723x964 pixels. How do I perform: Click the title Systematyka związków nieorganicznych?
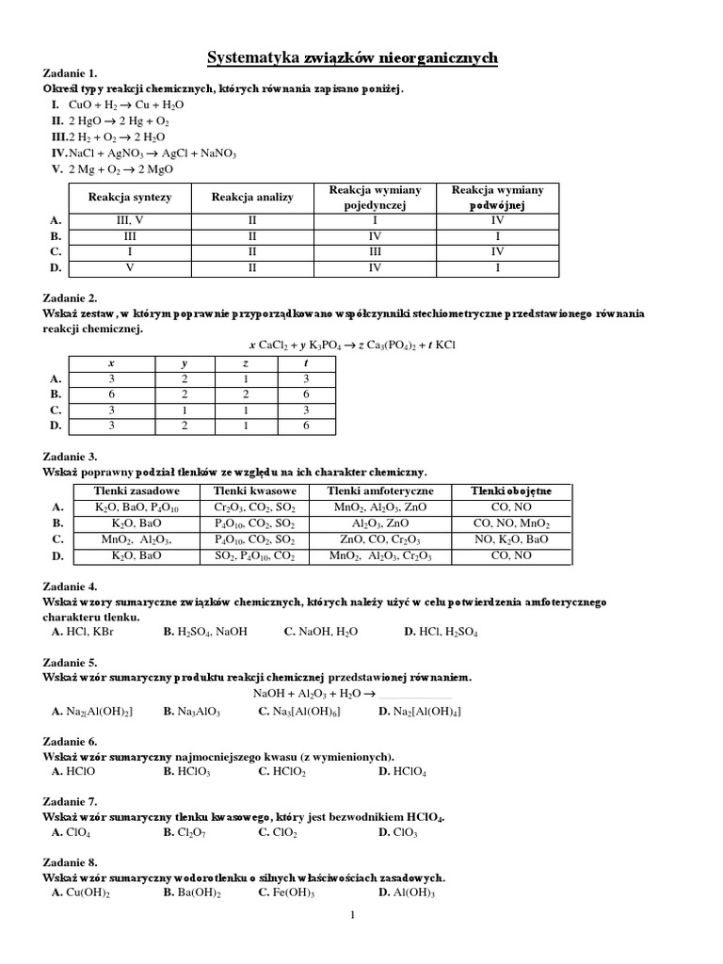352,59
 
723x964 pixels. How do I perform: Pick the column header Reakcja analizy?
252,197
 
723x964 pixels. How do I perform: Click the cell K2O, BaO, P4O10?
137,507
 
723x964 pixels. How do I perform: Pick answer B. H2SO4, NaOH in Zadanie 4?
204,632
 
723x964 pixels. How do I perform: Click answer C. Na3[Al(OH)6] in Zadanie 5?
298,711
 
